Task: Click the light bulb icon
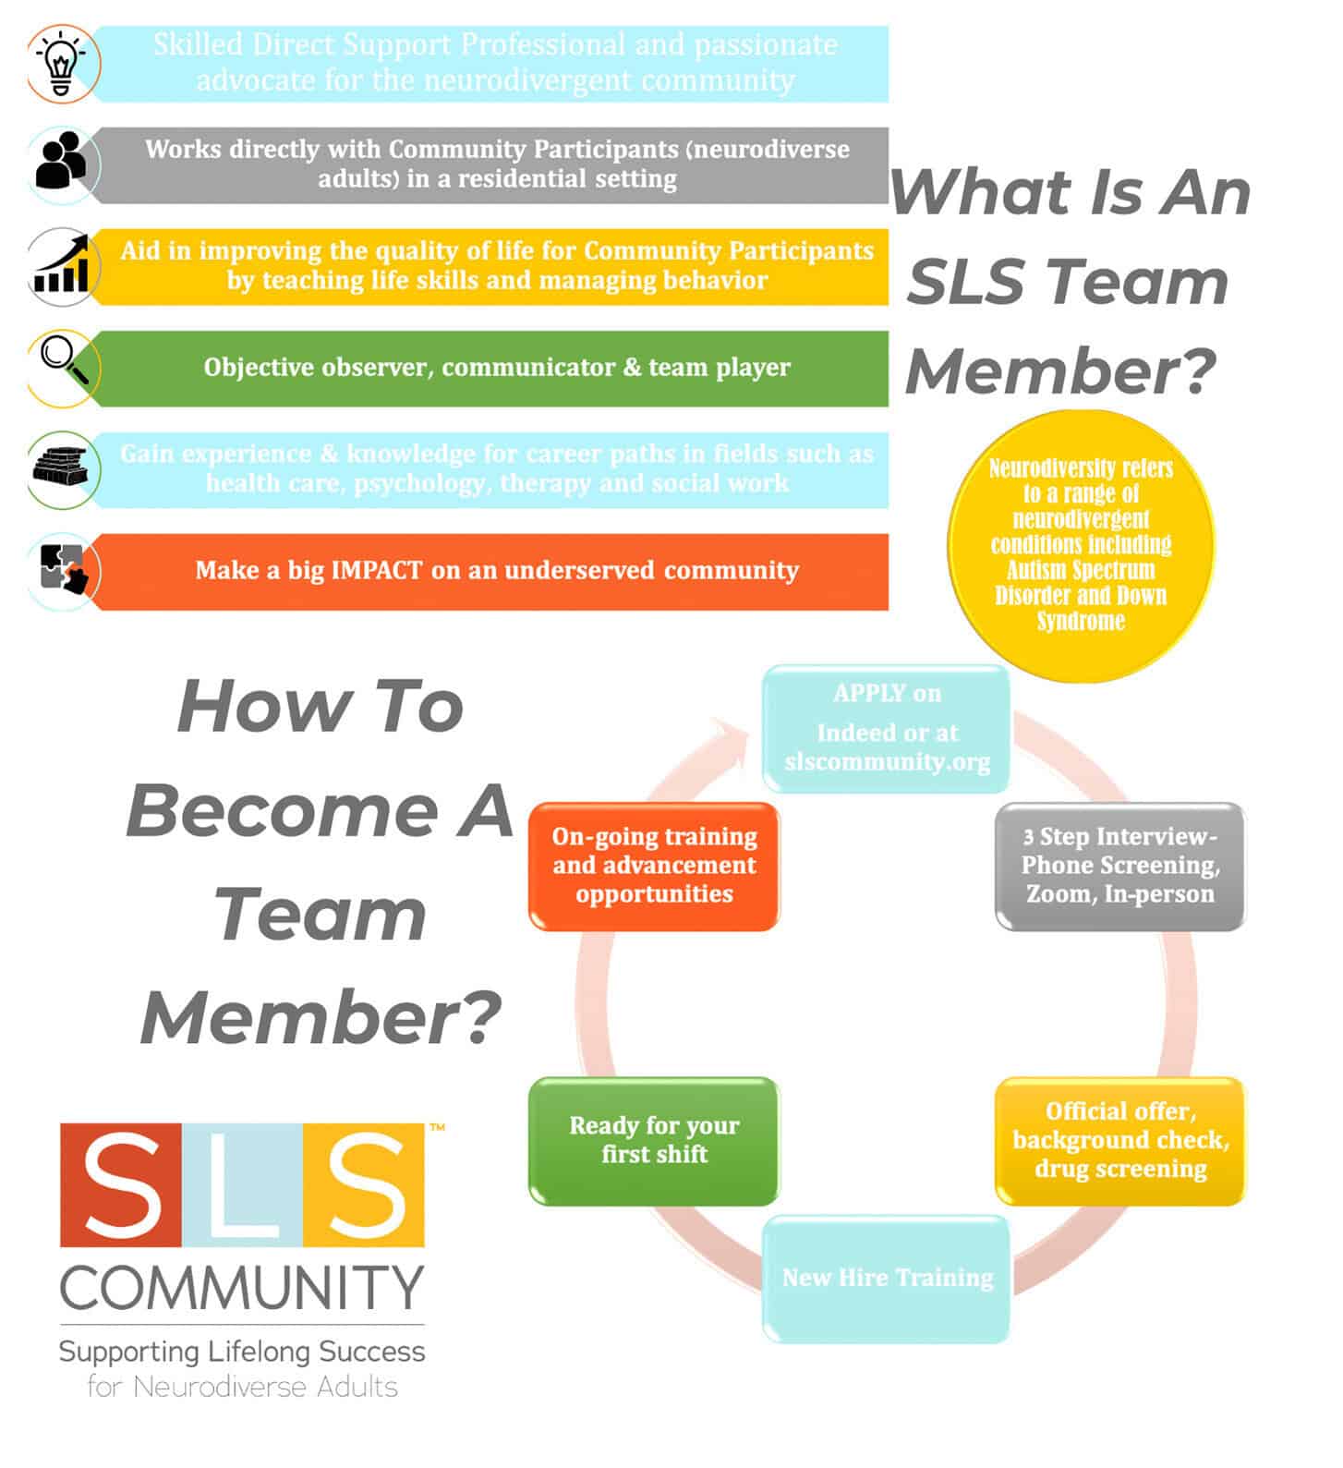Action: coord(61,63)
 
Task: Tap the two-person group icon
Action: coord(61,161)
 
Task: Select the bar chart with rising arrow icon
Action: coord(61,264)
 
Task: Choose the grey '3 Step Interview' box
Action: coord(1119,866)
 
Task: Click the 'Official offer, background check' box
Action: coord(1119,1140)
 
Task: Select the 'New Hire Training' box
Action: coord(887,1279)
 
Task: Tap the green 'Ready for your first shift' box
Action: coord(654,1140)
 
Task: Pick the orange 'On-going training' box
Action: coord(654,866)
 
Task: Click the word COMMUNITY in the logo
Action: coord(242,1287)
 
